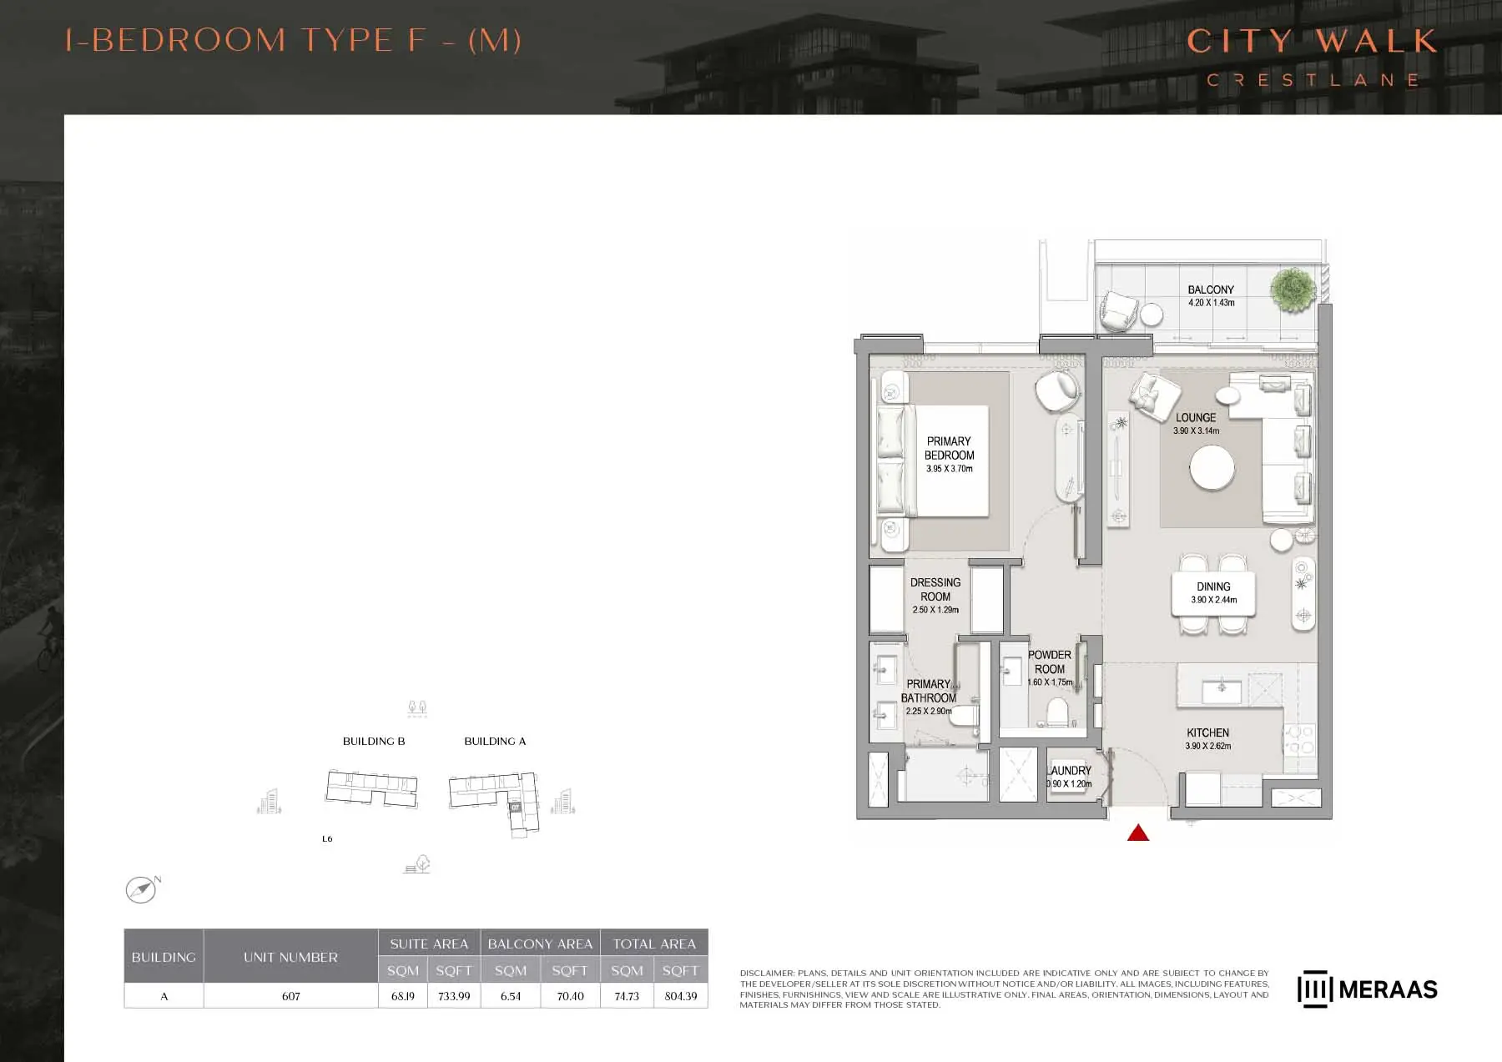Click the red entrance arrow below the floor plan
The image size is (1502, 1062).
1138,833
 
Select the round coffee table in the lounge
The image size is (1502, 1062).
1212,468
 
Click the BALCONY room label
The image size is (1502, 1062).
1211,289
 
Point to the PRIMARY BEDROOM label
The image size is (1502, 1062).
949,448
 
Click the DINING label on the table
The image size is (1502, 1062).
1213,586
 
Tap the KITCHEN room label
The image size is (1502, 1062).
1207,732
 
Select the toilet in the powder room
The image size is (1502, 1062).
1057,713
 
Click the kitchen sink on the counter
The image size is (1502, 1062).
1222,691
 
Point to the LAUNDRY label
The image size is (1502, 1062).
1070,771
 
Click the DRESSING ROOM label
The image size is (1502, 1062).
935,589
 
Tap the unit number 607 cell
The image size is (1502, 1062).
290,996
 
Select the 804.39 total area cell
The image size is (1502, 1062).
681,996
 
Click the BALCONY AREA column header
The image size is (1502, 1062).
540,944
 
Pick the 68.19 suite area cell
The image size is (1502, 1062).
403,996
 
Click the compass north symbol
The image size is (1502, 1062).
142,889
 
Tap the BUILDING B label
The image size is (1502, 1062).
374,741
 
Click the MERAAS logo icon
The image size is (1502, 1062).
1314,989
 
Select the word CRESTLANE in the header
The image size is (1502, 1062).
1313,80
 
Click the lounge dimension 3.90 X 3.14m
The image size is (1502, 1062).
1196,431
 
